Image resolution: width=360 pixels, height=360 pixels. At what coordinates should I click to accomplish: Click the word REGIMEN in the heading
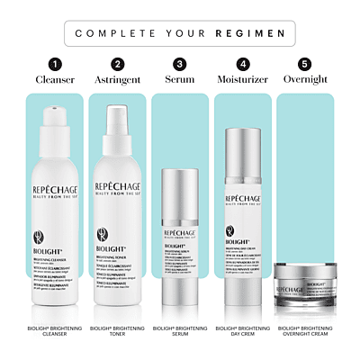[258, 34]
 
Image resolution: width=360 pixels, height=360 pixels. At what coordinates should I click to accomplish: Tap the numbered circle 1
[54, 64]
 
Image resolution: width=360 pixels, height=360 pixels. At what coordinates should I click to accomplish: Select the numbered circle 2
[117, 64]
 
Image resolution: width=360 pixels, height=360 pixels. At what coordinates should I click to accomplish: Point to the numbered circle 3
[179, 64]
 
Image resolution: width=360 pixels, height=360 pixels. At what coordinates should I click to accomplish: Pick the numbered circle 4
[242, 64]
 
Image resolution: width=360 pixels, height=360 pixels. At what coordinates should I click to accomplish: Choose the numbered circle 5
[305, 64]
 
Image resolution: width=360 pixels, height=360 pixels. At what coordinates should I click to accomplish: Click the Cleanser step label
[54, 79]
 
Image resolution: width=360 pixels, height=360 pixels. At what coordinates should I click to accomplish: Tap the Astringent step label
[117, 79]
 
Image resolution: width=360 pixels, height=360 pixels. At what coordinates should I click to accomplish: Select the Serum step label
[179, 79]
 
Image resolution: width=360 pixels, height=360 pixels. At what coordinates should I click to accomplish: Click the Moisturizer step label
[242, 79]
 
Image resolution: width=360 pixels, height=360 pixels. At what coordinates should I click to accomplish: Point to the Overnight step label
[305, 79]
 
